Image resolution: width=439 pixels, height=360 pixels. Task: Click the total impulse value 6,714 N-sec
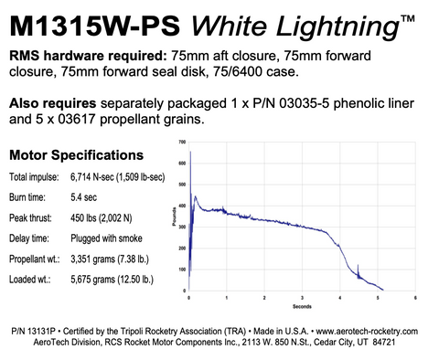99,175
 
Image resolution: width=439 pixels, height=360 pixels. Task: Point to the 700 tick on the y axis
182,143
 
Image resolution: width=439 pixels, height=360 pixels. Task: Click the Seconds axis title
301,306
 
